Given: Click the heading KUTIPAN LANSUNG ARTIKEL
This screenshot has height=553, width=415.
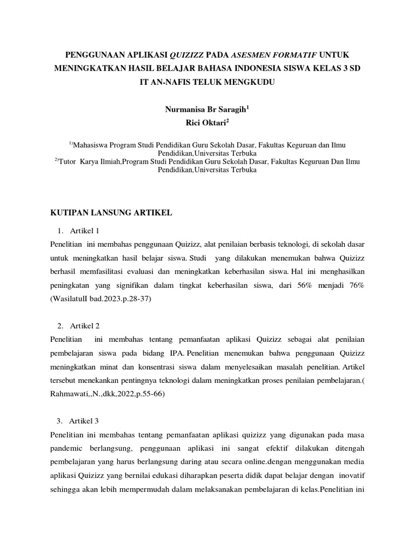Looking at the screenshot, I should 111,213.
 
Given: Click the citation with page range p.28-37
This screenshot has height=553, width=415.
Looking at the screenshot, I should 101,299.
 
